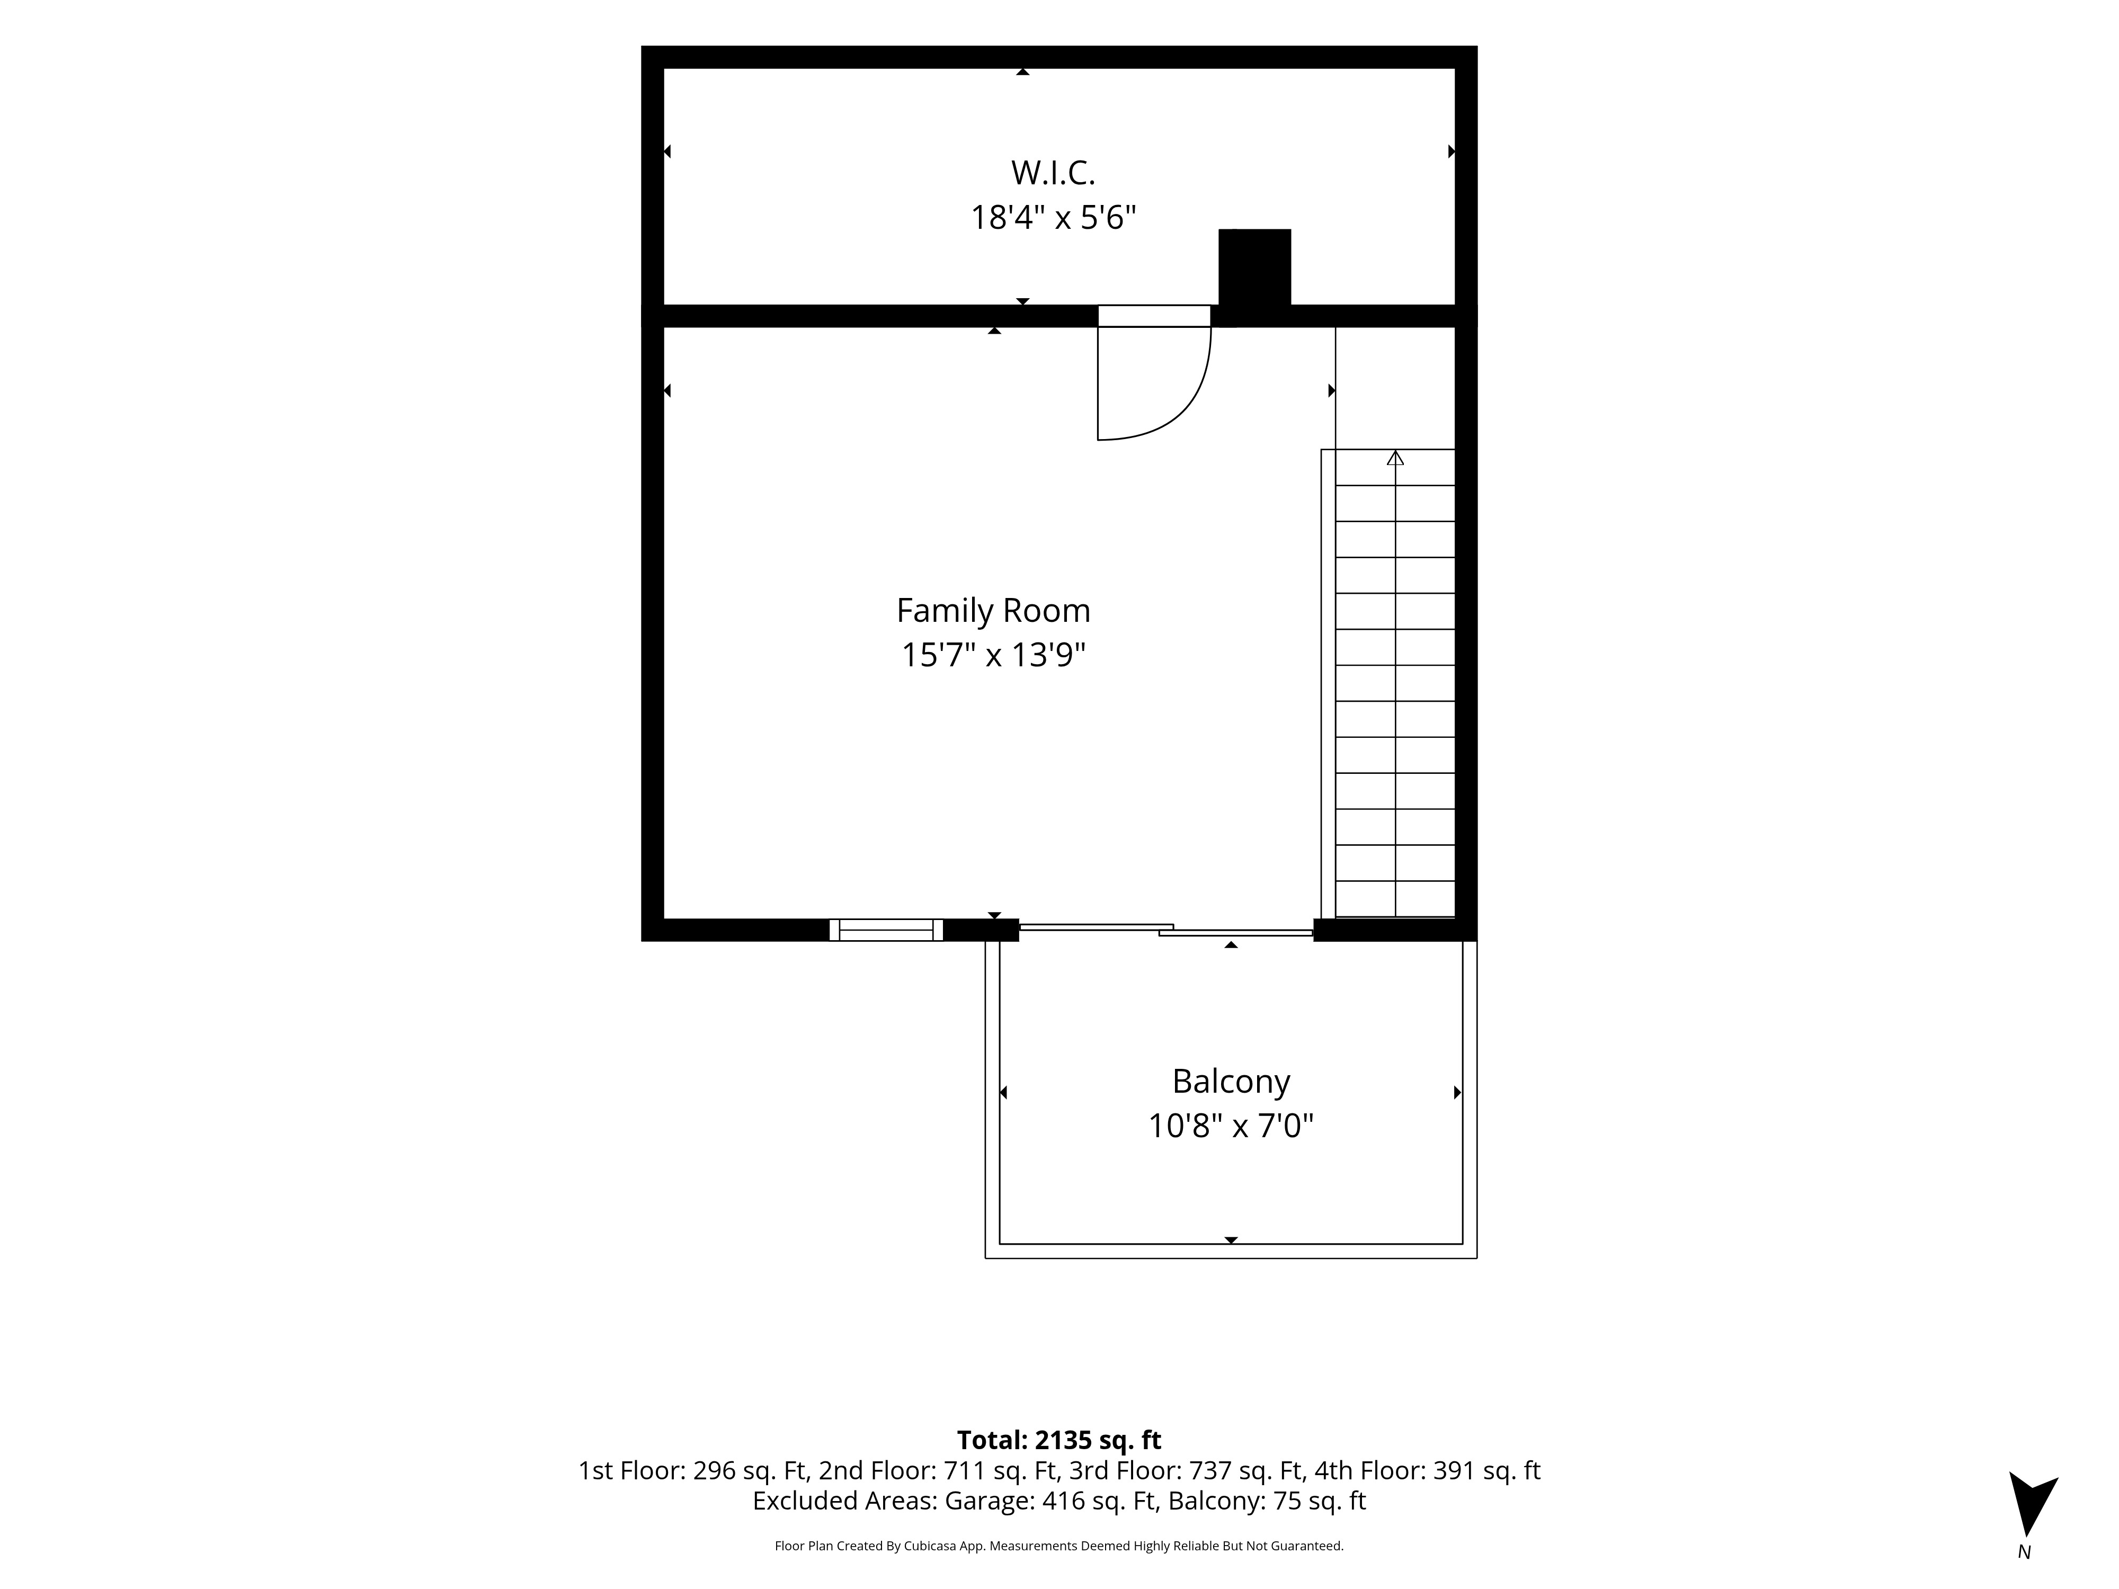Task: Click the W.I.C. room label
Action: (1053, 173)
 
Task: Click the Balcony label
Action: (1231, 1082)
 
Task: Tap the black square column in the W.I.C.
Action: (1254, 268)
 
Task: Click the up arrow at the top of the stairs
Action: (1395, 458)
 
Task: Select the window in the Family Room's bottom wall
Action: (886, 930)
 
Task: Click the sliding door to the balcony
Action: (1166, 929)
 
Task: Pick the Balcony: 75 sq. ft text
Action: (1267, 1501)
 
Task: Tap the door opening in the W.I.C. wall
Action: (1154, 316)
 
